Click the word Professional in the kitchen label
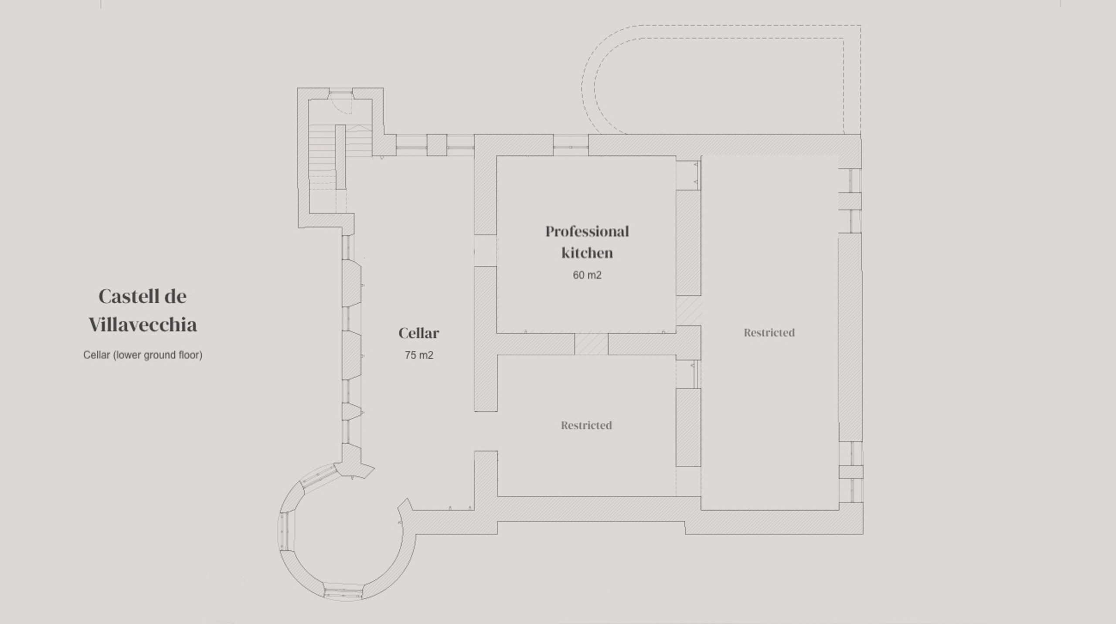[587, 231]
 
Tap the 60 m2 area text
[587, 275]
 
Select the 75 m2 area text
[418, 355]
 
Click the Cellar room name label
[418, 333]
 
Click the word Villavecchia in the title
[143, 325]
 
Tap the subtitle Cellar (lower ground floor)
[143, 355]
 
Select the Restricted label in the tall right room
[769, 333]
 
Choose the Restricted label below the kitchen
[586, 425]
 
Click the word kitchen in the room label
[587, 253]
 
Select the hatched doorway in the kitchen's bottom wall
[591, 344]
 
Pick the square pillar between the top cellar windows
[436, 145]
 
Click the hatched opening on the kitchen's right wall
[689, 311]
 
